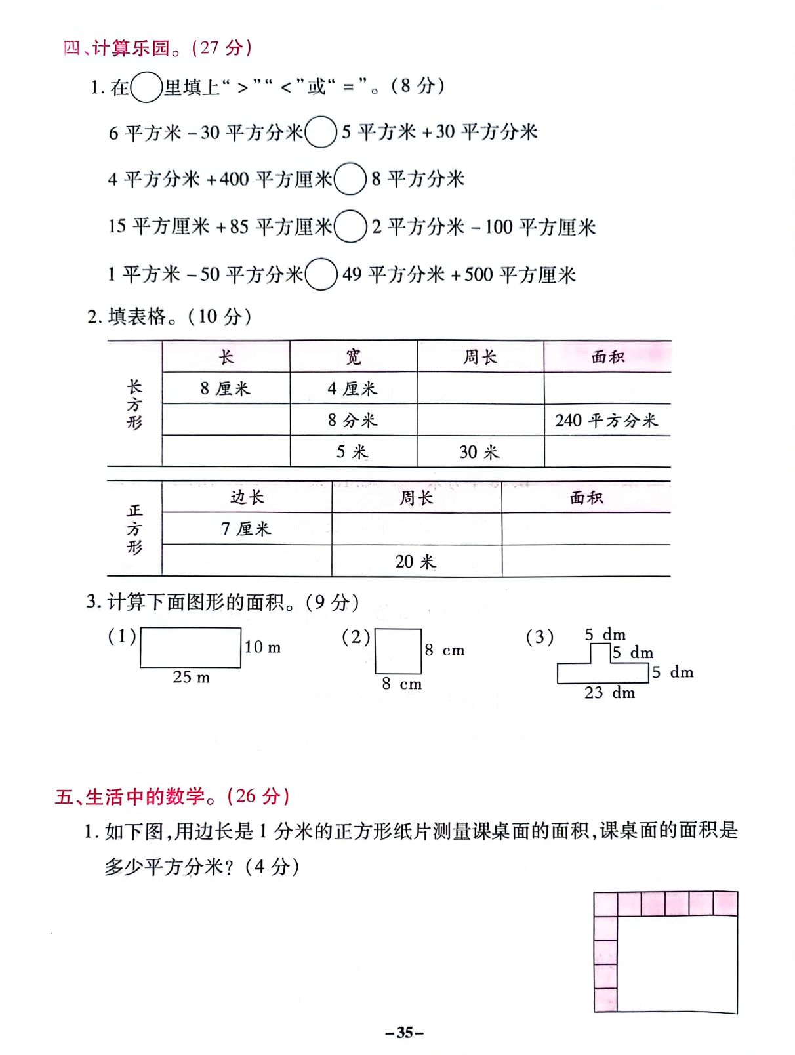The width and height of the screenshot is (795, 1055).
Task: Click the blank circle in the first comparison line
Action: click(x=321, y=132)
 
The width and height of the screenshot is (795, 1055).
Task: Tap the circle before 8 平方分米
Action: click(x=350, y=179)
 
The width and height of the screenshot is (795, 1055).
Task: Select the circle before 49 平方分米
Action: click(x=321, y=274)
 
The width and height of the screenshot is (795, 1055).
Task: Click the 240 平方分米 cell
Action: click(x=607, y=420)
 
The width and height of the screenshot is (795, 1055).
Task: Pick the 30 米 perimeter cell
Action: click(x=479, y=452)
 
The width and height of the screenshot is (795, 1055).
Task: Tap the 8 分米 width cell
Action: click(x=353, y=420)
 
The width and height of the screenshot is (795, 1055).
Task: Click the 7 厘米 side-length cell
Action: click(x=246, y=529)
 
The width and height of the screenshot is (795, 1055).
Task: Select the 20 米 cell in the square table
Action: click(x=416, y=562)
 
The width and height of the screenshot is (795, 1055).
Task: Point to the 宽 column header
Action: click(x=354, y=357)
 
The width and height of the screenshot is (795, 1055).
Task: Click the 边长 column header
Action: click(x=247, y=497)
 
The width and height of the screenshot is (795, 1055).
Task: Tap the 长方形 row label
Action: click(x=134, y=404)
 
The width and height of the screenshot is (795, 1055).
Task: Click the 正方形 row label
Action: click(x=134, y=529)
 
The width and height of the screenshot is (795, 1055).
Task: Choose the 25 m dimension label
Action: click(x=191, y=677)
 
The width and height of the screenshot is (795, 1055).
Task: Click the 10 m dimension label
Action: click(x=262, y=647)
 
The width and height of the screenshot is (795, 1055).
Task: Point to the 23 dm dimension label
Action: click(x=609, y=693)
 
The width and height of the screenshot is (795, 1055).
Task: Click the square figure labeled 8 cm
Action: click(x=398, y=651)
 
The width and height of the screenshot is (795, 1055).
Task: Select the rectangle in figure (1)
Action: click(x=190, y=648)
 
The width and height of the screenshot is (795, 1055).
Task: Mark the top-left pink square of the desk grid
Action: click(x=605, y=904)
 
